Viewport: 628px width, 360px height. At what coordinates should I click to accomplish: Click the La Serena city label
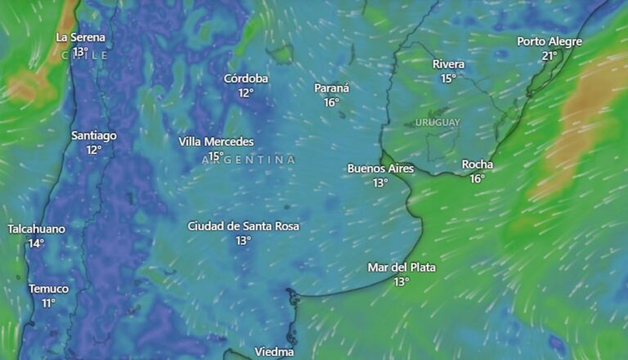[80, 38]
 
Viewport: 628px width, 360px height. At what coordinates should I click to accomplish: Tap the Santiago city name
[94, 136]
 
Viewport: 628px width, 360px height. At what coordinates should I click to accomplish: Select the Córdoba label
[246, 79]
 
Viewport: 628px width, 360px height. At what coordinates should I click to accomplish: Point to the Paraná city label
[331, 88]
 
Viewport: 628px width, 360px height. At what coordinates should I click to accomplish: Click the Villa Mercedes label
[216, 142]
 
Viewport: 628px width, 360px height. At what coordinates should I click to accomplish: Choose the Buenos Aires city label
[380, 169]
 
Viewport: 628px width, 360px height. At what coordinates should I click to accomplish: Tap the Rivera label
[448, 65]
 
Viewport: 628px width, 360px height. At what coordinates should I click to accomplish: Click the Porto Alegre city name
[549, 42]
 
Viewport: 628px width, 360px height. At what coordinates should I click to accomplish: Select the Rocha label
[478, 164]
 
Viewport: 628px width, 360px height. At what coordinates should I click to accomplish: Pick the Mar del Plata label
[401, 268]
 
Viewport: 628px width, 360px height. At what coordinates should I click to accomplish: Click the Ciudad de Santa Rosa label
[243, 226]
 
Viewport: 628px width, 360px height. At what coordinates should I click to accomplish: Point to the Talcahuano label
[36, 229]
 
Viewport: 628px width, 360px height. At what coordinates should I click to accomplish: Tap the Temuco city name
[49, 289]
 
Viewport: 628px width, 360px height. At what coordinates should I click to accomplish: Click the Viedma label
[274, 352]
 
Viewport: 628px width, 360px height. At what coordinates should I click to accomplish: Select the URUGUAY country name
[437, 123]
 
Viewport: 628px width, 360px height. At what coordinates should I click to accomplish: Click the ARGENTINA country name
[249, 160]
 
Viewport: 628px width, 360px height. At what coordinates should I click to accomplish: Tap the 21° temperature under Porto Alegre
[549, 56]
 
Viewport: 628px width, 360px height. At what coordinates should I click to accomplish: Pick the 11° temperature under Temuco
[49, 304]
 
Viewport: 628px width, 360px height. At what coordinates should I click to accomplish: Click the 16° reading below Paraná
[331, 103]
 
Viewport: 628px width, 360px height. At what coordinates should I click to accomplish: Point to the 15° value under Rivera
[448, 79]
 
